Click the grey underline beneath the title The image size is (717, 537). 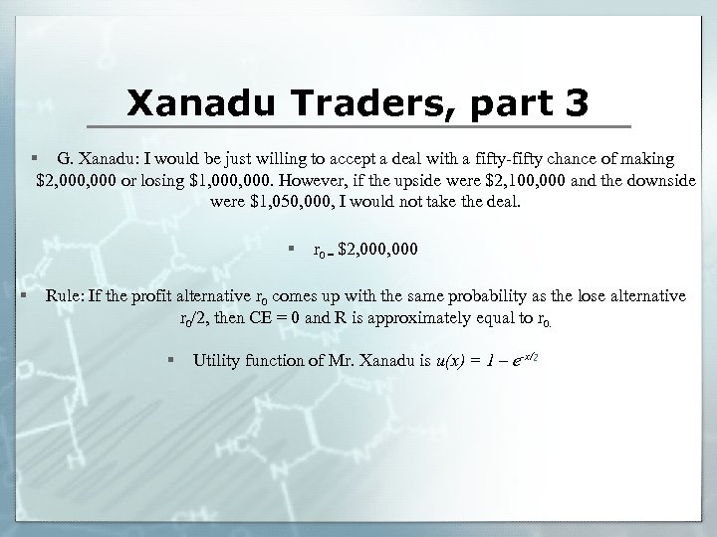tap(358, 127)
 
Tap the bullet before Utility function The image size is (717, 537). tap(172, 359)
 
